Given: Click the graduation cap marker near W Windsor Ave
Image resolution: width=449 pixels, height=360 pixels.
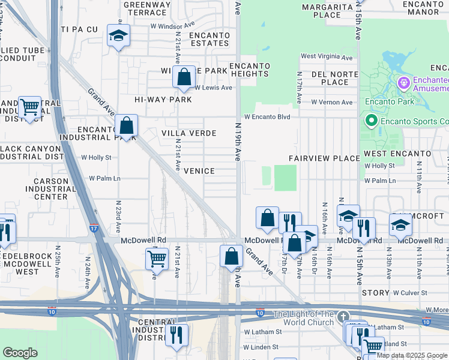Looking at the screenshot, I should pos(119,35).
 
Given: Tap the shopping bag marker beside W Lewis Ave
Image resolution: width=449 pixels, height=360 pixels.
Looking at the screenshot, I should pos(184,77).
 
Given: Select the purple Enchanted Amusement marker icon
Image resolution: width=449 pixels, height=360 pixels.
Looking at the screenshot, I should pos(404,80).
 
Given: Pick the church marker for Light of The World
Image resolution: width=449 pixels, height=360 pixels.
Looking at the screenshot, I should pos(343,316).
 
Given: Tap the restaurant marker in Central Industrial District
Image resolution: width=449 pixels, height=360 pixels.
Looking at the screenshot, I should pos(176,334).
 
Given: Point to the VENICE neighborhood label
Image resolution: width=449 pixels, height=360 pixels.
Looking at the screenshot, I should pos(199,171).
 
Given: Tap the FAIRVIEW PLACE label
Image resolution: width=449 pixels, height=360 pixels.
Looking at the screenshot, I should pos(324,158).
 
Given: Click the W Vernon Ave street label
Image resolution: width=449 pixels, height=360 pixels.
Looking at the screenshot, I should pos(331,103).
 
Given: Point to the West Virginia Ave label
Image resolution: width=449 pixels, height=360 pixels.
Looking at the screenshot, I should pos(327,57).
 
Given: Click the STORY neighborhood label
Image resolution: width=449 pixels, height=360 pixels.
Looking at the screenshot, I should pos(376,293).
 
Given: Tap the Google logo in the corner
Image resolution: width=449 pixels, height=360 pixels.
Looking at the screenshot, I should pos(20,353).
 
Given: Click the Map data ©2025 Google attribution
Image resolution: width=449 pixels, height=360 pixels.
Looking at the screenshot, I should pos(412,355).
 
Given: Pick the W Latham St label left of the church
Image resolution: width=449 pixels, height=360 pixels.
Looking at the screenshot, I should pos(262,332).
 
